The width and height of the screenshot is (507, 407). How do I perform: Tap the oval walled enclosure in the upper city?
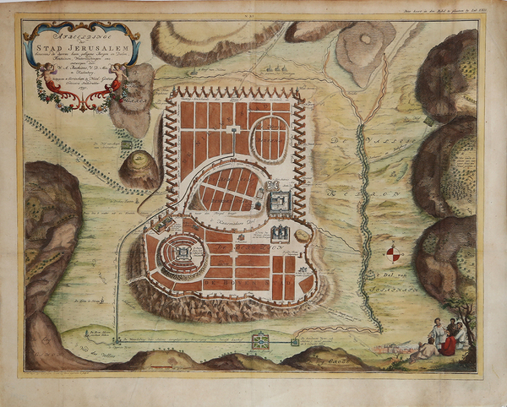pos(270,138)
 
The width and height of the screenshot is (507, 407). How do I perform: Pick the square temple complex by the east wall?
pos(281,202)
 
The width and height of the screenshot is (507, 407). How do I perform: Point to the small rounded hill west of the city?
pos(138,170)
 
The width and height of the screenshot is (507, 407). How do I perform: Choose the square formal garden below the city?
pos(259,341)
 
